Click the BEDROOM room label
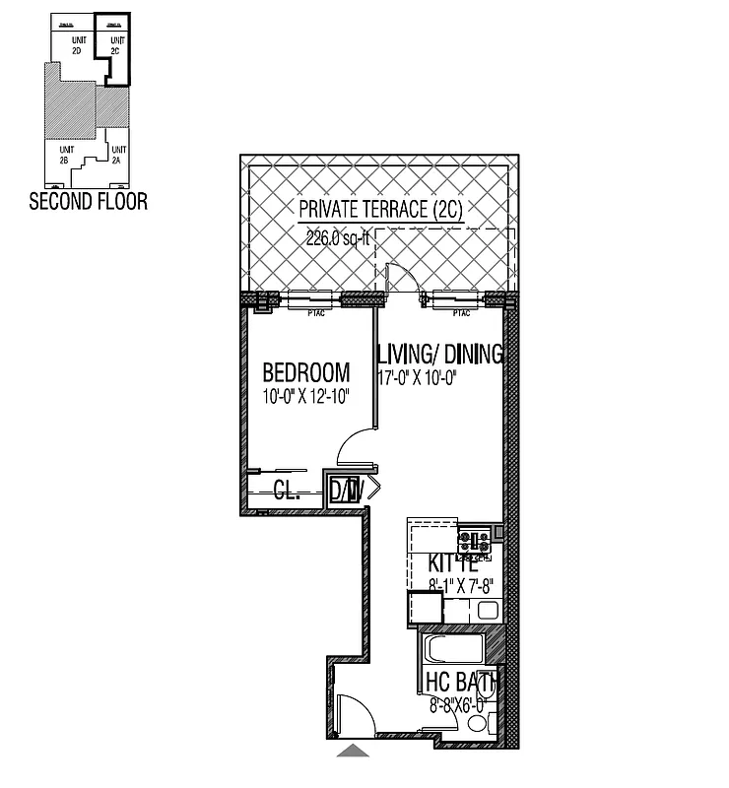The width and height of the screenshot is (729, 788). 305,372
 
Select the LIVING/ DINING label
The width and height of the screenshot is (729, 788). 440,354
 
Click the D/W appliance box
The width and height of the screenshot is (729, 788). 345,490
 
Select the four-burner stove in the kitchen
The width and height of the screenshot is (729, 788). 475,541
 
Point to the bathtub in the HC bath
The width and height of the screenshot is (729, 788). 452,649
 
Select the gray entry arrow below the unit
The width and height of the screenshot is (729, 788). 354,752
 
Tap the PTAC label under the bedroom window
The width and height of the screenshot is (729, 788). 316,313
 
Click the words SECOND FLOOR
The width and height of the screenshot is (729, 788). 89,202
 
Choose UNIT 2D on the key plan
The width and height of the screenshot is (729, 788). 75,44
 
